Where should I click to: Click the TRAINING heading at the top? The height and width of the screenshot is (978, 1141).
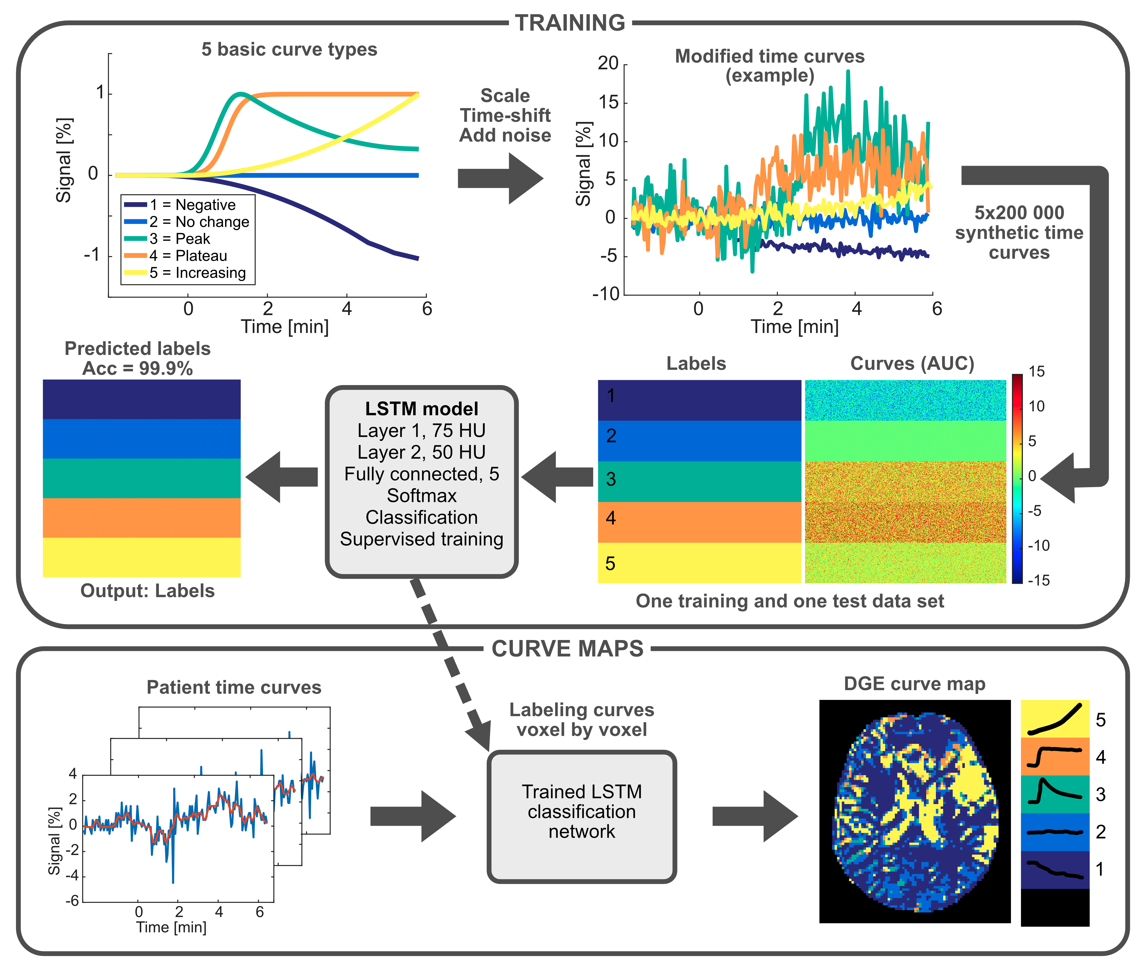(570, 23)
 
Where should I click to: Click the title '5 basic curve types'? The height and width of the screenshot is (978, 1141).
(289, 50)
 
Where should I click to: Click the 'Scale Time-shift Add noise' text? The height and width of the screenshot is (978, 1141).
(505, 115)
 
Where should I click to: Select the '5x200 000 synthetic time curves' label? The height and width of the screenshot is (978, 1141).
(1019, 232)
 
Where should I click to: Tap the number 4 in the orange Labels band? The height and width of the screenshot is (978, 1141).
(611, 518)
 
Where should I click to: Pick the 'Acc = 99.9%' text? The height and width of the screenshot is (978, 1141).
(138, 368)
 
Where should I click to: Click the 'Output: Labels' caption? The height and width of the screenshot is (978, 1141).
(147, 591)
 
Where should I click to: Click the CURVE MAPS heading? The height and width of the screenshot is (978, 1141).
(567, 649)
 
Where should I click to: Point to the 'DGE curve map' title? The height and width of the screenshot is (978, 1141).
(914, 684)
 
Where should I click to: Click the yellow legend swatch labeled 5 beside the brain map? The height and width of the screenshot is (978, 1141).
(1055, 719)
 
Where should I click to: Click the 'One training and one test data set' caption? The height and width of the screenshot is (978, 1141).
(790, 601)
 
